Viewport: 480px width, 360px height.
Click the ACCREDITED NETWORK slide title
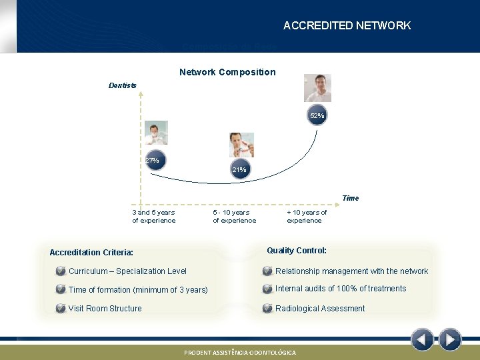[x=347, y=25]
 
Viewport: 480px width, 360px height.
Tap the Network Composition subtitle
[x=227, y=72]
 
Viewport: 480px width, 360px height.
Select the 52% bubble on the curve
[x=317, y=115]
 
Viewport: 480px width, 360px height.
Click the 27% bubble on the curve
[x=153, y=161]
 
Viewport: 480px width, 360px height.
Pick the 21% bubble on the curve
[x=239, y=170]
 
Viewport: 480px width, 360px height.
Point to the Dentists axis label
[x=123, y=85]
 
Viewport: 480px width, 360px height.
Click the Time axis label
[x=350, y=198]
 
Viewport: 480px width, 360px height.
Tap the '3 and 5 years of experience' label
[x=154, y=217]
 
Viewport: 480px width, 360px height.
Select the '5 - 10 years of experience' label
[x=234, y=217]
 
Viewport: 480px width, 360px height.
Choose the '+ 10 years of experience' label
[x=307, y=217]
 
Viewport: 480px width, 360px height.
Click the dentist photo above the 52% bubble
[x=317, y=88]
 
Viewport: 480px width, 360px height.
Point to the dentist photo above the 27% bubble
[x=156, y=133]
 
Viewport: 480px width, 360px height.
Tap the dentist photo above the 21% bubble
[x=241, y=145]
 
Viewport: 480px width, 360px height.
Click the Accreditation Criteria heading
[x=91, y=253]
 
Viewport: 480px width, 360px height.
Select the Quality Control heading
[x=297, y=251]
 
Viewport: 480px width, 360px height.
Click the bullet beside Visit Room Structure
[x=61, y=309]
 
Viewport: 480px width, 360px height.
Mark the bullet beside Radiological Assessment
[x=267, y=309]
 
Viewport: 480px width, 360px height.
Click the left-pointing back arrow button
[x=422, y=340]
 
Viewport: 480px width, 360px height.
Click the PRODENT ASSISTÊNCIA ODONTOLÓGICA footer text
[x=240, y=352]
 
